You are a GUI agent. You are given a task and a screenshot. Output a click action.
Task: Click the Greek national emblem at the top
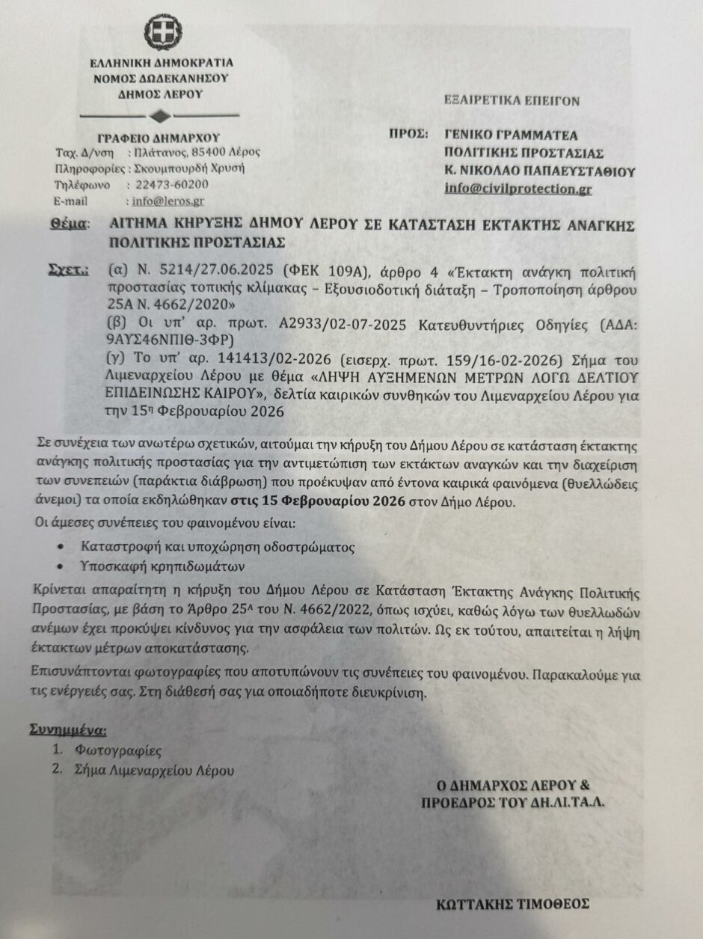(x=158, y=32)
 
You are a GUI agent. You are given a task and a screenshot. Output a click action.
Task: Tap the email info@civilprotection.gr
(x=518, y=189)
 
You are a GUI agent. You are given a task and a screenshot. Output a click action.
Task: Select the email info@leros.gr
(x=168, y=201)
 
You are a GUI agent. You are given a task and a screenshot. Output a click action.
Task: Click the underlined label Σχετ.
(x=67, y=267)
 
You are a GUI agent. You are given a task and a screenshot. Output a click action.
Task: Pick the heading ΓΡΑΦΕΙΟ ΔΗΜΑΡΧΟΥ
(x=159, y=137)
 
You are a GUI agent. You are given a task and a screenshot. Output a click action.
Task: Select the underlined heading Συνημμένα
(x=67, y=728)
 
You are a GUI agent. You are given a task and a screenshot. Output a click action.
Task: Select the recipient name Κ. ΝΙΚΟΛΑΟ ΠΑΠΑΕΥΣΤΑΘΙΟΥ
(x=539, y=171)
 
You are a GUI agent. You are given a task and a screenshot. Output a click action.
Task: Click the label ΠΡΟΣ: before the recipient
(x=408, y=135)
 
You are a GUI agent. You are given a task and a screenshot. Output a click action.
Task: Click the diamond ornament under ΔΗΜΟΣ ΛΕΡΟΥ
(x=159, y=116)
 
